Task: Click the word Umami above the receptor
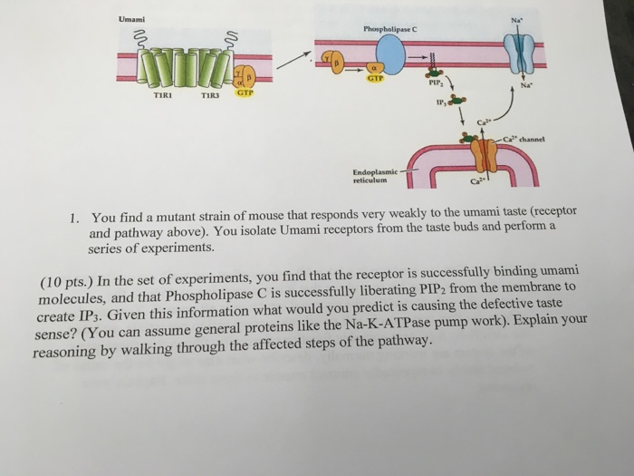132,20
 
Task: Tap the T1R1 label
163,94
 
